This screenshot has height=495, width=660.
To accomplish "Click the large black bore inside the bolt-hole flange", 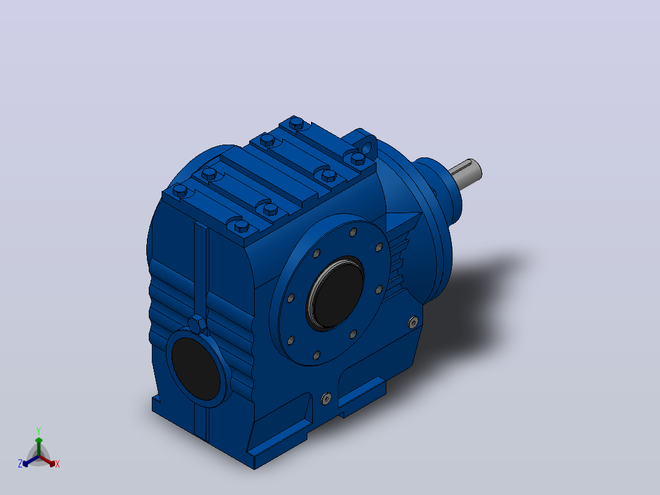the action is click(336, 293).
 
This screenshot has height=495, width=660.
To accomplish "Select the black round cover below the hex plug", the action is click(197, 368).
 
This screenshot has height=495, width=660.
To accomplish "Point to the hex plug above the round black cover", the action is click(197, 324).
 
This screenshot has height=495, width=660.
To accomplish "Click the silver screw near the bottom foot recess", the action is click(326, 399).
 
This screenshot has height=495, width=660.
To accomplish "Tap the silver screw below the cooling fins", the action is click(414, 322).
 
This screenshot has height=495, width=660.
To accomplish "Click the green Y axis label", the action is click(39, 431).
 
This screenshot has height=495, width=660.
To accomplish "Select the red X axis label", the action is click(58, 464).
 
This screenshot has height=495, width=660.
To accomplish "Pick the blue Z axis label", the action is click(20, 463).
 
